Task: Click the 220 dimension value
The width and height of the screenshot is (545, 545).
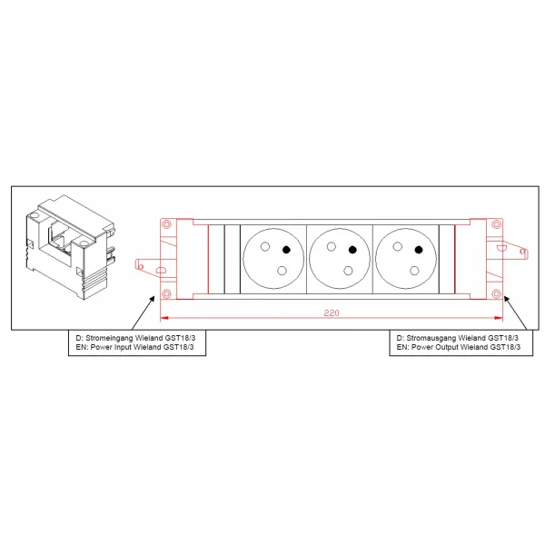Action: pos(332,312)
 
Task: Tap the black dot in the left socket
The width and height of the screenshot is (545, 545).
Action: pos(286,249)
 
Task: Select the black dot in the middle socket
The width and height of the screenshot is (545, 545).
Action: pos(352,250)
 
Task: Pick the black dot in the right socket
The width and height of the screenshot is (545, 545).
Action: pos(419,250)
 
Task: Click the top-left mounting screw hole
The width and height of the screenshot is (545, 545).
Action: pos(167,224)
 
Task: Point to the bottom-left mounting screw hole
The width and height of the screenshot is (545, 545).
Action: pos(167,293)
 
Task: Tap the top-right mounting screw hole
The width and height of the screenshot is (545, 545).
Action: pos(497,224)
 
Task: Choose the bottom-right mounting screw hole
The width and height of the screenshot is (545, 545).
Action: pos(497,293)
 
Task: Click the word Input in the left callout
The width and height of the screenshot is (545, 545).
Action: pos(123,347)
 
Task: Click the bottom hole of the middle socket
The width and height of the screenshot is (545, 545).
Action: pos(348,271)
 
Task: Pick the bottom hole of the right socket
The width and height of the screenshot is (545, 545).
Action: pos(414,271)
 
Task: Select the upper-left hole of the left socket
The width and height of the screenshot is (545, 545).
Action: pos(265,246)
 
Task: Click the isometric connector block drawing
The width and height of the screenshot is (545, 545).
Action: pos(70,247)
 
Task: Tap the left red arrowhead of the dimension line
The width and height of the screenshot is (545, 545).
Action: pos(164,318)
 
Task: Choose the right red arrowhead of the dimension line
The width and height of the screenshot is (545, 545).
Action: pos(499,318)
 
